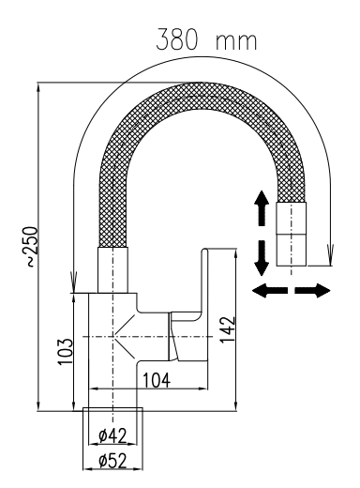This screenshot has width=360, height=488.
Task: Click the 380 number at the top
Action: (x=177, y=39)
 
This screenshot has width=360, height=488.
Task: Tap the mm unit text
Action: (x=236, y=42)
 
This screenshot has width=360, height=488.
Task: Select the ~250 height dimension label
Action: (x=32, y=247)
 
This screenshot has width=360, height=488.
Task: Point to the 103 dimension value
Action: (x=65, y=351)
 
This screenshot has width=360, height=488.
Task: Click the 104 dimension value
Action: (x=157, y=380)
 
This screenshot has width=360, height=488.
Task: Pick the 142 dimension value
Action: (x=227, y=329)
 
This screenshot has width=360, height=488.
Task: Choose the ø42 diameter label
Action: (x=112, y=435)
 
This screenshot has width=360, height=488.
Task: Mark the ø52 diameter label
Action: (x=112, y=461)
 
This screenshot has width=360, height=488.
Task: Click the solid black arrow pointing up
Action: (x=262, y=207)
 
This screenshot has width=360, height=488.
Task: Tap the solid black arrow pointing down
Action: (x=262, y=258)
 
